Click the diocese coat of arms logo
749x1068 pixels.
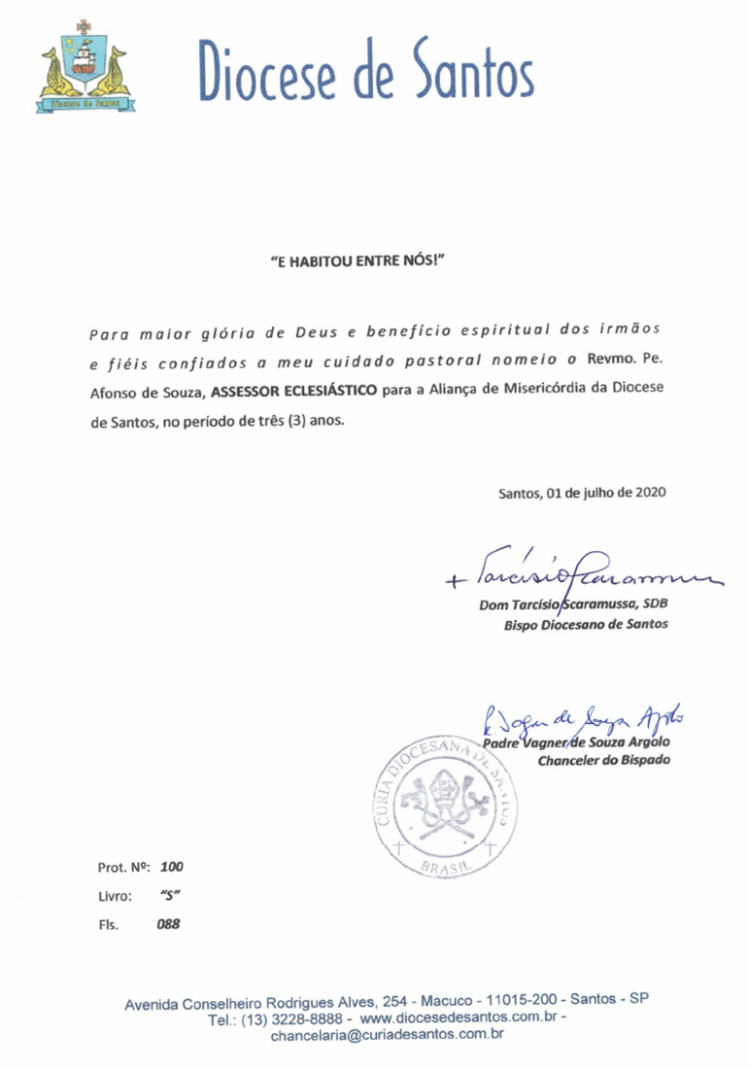pyautogui.click(x=86, y=64)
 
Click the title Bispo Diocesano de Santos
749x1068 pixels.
pyautogui.click(x=586, y=625)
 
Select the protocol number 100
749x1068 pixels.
pyautogui.click(x=172, y=865)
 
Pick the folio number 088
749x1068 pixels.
pyautogui.click(x=169, y=925)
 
